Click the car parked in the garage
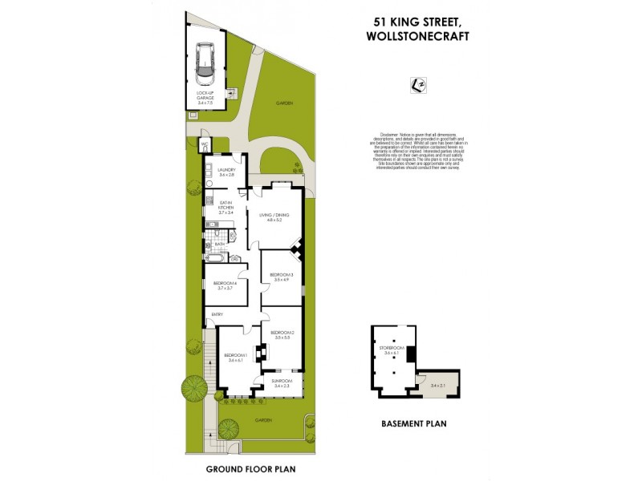[205, 64]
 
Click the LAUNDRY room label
[225, 170]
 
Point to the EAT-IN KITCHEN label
[226, 204]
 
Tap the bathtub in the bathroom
[217, 258]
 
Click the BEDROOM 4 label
[223, 283]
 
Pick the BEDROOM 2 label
[282, 333]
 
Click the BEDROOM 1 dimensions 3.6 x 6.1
[235, 361]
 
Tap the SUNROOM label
[282, 382]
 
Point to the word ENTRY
[217, 314]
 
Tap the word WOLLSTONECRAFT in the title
[416, 36]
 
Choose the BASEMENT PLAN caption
[414, 423]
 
